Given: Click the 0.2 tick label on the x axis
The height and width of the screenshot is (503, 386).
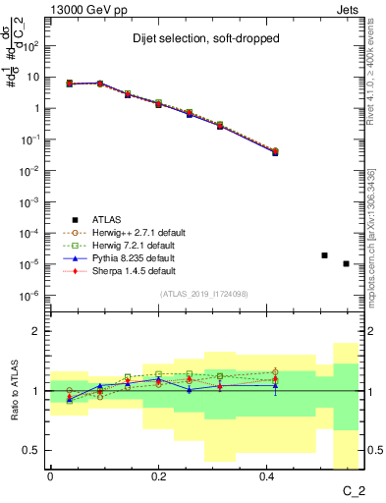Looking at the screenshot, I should pyautogui.click(x=158, y=475).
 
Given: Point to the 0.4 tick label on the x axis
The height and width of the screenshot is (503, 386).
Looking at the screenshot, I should pyautogui.click(x=267, y=475).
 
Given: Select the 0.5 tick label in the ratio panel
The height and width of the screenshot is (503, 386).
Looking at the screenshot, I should pyautogui.click(x=32, y=450).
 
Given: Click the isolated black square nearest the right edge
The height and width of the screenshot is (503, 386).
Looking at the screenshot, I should pyautogui.click(x=346, y=263).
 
